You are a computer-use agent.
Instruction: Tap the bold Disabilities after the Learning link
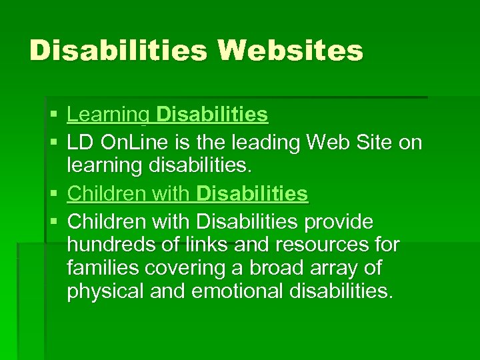click(x=211, y=115)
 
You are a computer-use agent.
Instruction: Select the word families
click(x=97, y=269)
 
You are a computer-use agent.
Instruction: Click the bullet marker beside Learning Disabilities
click(x=53, y=116)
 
